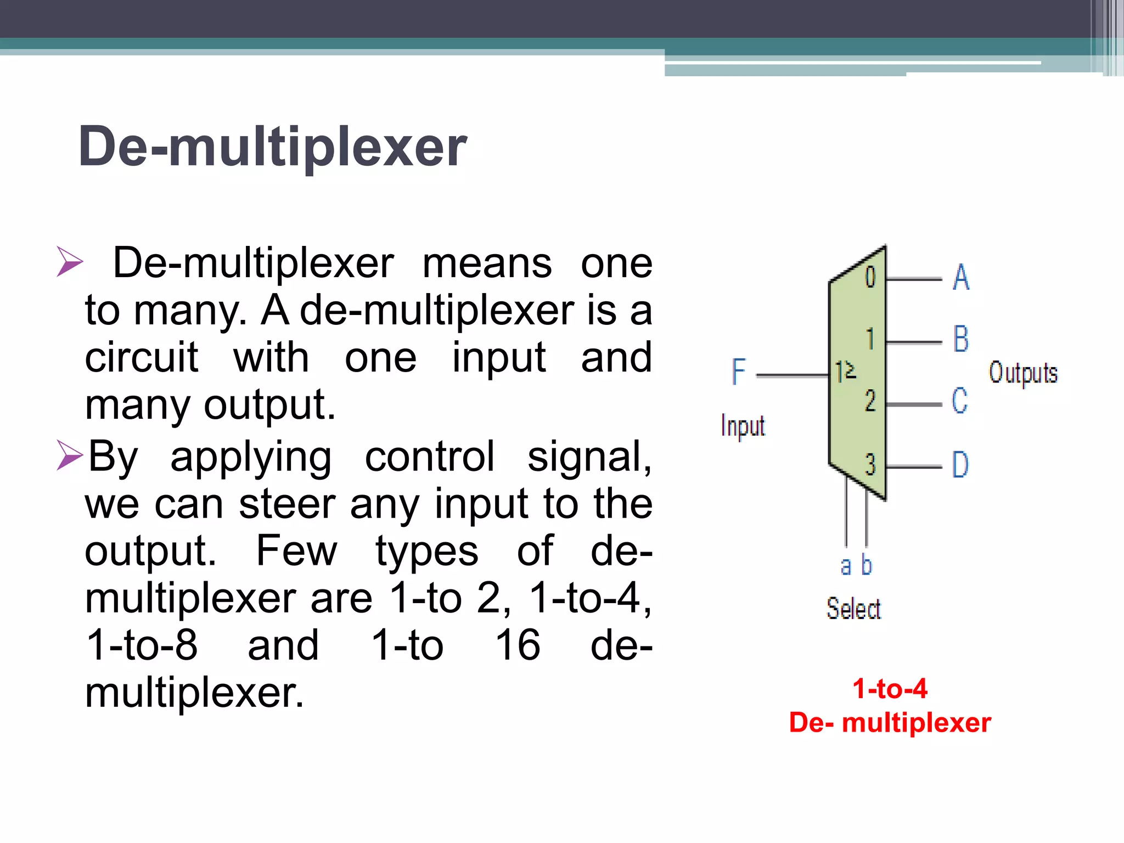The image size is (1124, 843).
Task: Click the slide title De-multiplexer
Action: click(x=273, y=147)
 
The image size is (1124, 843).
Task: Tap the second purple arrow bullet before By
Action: click(x=70, y=455)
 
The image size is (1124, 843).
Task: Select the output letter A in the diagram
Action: click(x=961, y=277)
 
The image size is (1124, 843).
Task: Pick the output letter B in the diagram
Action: click(x=961, y=339)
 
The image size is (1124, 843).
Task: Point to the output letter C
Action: click(x=960, y=401)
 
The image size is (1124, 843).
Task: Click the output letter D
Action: click(x=960, y=464)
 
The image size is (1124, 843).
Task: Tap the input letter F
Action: click(x=739, y=372)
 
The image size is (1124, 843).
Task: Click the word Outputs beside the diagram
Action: click(x=1023, y=373)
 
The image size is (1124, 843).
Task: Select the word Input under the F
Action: click(x=743, y=426)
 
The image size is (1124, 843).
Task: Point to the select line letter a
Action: click(x=846, y=566)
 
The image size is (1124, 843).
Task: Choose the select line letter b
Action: click(x=867, y=565)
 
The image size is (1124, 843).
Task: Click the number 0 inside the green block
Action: click(x=870, y=277)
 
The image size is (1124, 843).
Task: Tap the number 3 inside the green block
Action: click(x=870, y=464)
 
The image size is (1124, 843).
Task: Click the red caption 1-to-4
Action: click(x=890, y=688)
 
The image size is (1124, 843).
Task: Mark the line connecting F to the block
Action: click(x=793, y=376)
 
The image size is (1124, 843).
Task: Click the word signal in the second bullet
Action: click(x=589, y=456)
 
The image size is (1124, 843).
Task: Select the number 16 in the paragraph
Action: click(x=518, y=645)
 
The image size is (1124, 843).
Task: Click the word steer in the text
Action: click(x=287, y=504)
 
